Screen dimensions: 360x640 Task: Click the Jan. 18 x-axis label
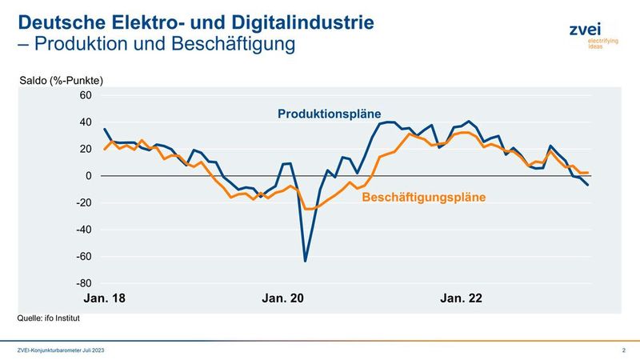click(105, 298)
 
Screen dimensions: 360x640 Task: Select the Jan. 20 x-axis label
click(283, 298)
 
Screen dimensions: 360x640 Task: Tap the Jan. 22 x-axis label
click(462, 298)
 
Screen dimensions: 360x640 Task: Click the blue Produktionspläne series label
click(329, 114)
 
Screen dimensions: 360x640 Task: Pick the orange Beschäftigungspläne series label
click(425, 196)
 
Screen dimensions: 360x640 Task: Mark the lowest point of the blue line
click(306, 261)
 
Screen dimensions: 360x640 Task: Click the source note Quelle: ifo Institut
click(49, 318)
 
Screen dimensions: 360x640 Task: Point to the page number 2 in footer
click(622, 351)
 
